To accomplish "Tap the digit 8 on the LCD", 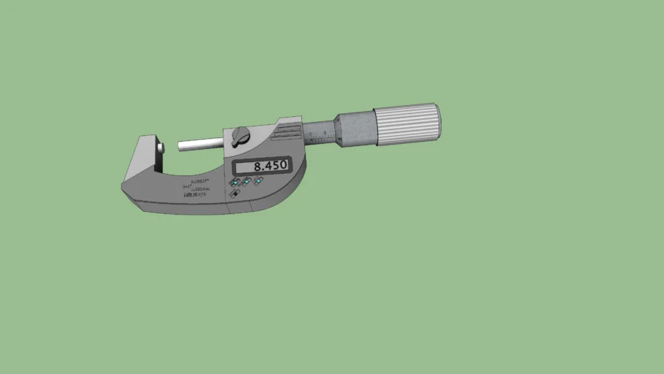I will pyautogui.click(x=258, y=166).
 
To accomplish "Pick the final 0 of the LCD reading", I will pyautogui.click(x=283, y=166).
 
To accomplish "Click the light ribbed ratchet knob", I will pyautogui.click(x=407, y=123).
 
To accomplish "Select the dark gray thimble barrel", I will pyautogui.click(x=355, y=129).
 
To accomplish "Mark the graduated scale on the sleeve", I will pyautogui.click(x=319, y=134).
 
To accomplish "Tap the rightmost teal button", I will pyautogui.click(x=258, y=180).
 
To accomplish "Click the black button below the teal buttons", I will pyautogui.click(x=236, y=194).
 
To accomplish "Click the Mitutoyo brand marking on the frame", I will pyautogui.click(x=195, y=195).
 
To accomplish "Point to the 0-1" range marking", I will pyautogui.click(x=186, y=186).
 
